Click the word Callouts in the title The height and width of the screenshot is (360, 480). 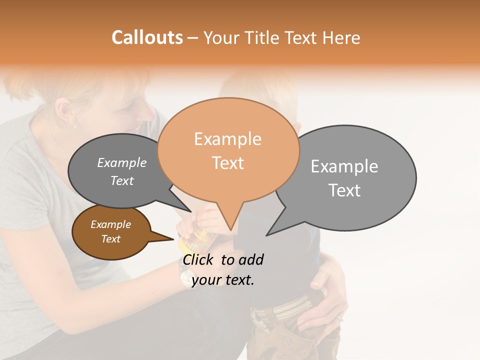click(x=147, y=37)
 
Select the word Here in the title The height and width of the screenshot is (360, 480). click(x=342, y=37)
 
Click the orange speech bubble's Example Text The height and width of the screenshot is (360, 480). click(x=228, y=150)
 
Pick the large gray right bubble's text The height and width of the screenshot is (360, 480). click(x=344, y=178)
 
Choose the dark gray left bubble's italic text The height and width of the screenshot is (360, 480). click(x=122, y=171)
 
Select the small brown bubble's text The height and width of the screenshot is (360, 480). click(x=110, y=231)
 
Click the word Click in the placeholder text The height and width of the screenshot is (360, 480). click(x=199, y=259)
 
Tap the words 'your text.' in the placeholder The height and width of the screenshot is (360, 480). click(x=223, y=280)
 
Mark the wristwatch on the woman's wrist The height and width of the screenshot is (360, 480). click(x=185, y=276)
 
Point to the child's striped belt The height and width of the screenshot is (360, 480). click(x=285, y=306)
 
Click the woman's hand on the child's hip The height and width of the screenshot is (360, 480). click(x=325, y=295)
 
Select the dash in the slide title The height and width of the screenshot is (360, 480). click(x=193, y=37)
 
